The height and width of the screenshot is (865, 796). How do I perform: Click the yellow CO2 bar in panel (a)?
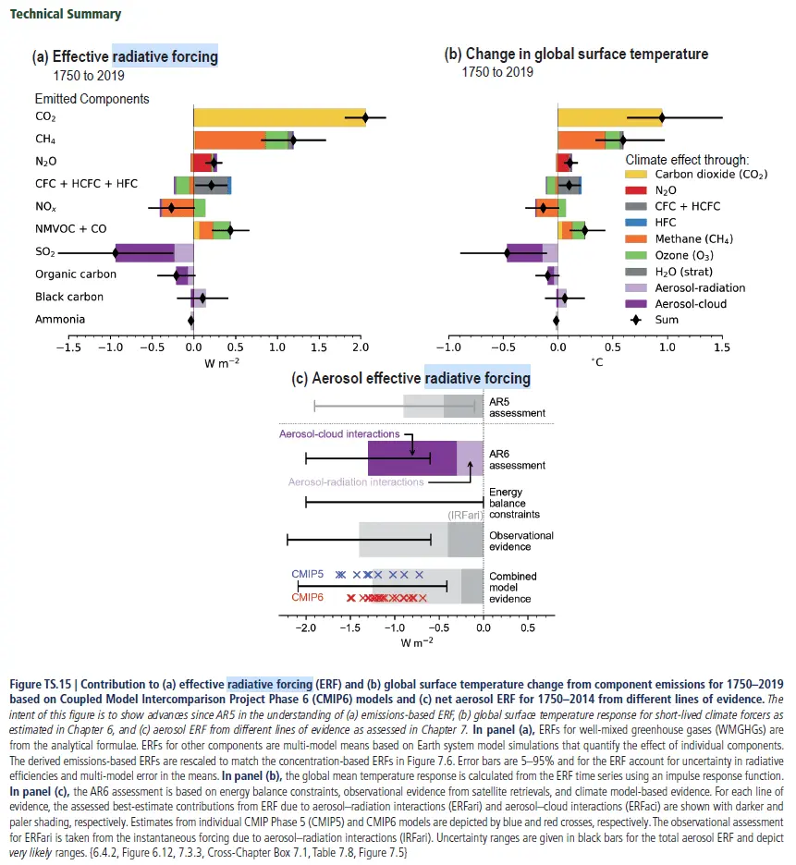(x=277, y=117)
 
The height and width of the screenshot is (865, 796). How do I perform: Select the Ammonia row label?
(x=60, y=320)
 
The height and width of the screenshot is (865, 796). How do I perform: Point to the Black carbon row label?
(x=69, y=298)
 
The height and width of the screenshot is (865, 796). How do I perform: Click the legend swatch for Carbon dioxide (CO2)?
(x=636, y=175)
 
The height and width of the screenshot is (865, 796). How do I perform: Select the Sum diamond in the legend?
(x=636, y=320)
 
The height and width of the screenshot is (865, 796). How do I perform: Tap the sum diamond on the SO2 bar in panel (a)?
(x=116, y=252)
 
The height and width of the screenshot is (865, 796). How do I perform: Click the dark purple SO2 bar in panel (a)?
(x=146, y=252)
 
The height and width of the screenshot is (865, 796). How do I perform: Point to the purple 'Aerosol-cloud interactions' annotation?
(x=339, y=433)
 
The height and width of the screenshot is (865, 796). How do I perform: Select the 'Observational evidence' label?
(x=520, y=542)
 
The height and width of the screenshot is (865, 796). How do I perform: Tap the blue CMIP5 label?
(x=308, y=574)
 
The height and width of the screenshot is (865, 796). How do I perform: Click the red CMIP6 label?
(x=308, y=598)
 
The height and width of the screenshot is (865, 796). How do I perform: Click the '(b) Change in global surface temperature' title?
(x=583, y=55)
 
